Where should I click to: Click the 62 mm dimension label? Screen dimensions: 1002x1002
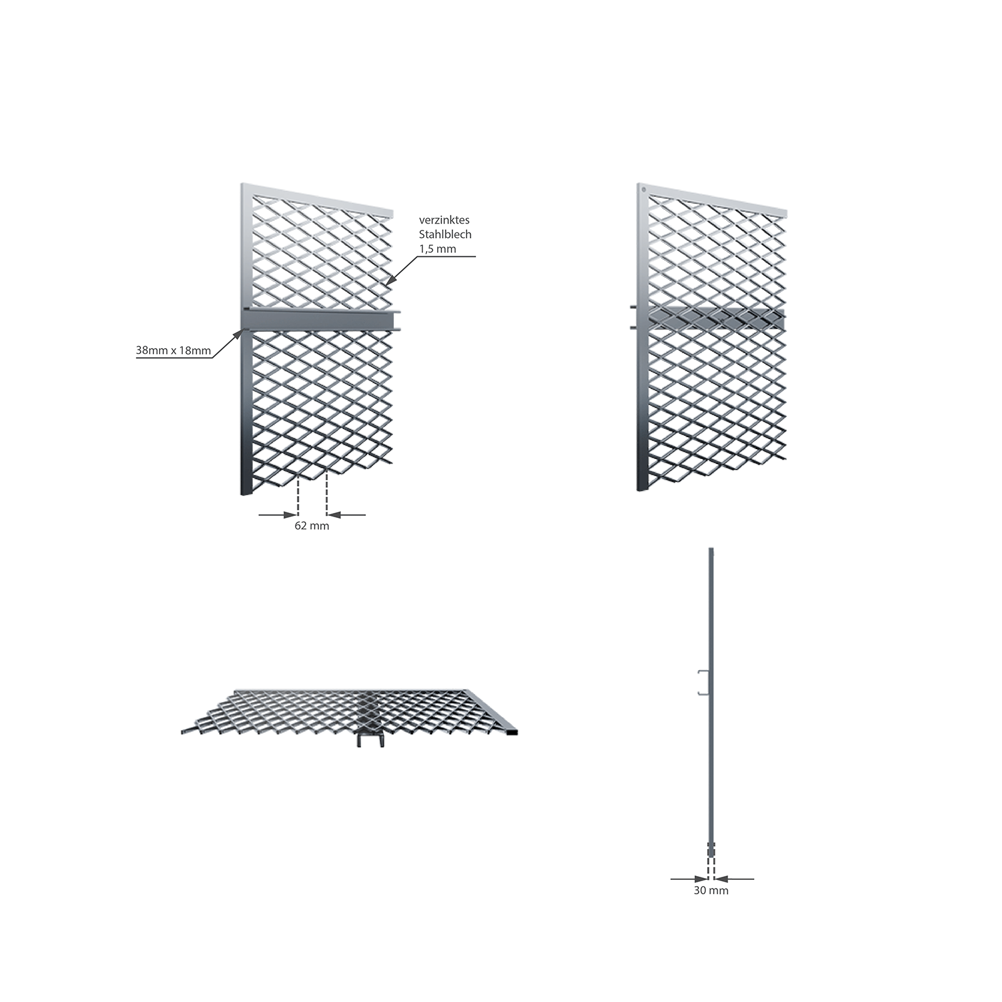[x=312, y=526]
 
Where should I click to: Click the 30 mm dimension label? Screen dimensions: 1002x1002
[x=711, y=891]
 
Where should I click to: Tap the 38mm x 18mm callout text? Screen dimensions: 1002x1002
[x=173, y=351]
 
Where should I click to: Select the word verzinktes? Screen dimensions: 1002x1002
[x=444, y=220]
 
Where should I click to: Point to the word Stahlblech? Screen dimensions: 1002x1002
[x=445, y=234]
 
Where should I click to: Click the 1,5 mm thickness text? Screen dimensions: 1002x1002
[x=438, y=249]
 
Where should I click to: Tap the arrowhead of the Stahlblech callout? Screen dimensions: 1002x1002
[x=390, y=281]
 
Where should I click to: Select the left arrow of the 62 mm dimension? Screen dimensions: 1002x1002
[x=278, y=515]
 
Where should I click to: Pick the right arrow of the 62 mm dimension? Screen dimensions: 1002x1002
[x=346, y=515]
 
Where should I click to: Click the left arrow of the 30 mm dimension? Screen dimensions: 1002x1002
[x=689, y=879]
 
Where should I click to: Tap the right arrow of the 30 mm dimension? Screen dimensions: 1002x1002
[x=734, y=879]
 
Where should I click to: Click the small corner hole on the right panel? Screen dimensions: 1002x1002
[x=643, y=190]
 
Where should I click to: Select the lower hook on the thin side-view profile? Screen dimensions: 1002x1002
[x=703, y=693]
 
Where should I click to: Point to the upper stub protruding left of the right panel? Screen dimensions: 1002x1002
[x=634, y=307]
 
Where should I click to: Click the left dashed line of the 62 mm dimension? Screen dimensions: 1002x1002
[x=298, y=496]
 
